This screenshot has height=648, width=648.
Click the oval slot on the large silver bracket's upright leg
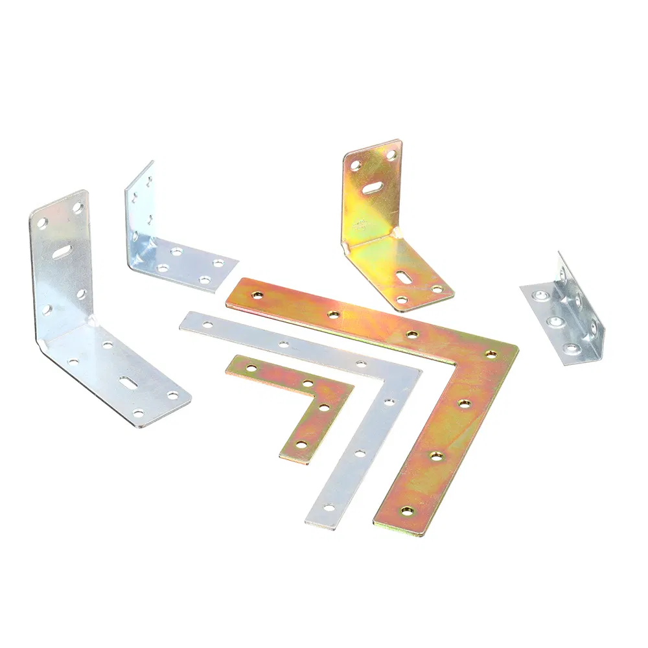[x=62, y=251]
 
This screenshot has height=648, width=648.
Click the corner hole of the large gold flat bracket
[x=491, y=354]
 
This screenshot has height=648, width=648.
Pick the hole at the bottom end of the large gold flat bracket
[x=406, y=511]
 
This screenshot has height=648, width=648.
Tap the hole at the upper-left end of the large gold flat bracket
[x=257, y=295]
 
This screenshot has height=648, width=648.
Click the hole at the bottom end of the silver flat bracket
[x=329, y=507]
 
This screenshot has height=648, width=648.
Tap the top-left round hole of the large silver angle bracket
[x=41, y=222]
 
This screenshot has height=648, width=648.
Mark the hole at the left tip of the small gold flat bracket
[x=251, y=369]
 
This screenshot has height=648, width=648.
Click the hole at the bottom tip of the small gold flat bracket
[x=300, y=445]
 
